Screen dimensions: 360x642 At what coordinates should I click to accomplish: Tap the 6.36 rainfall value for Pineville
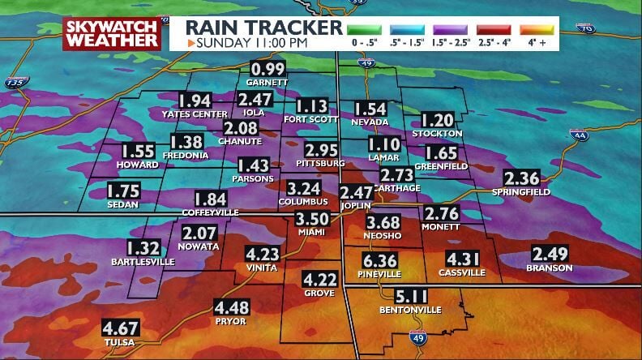pyautogui.click(x=379, y=261)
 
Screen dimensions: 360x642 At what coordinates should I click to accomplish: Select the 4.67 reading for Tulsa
pyautogui.click(x=120, y=329)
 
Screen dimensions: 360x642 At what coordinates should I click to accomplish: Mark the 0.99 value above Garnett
pyautogui.click(x=268, y=70)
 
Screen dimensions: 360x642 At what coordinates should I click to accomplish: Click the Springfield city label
pyautogui.click(x=521, y=192)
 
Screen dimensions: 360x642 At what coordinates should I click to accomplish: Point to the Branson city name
pyautogui.click(x=550, y=268)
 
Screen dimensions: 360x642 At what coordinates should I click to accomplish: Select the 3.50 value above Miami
pyautogui.click(x=312, y=220)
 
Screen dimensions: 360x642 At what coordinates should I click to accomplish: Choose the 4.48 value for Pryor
pyautogui.click(x=232, y=308)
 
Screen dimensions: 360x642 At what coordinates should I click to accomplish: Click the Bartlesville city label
pyautogui.click(x=143, y=262)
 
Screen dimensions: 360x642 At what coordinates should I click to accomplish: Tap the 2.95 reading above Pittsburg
pyautogui.click(x=322, y=151)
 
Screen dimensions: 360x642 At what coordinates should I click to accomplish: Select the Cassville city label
pyautogui.click(x=461, y=273)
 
